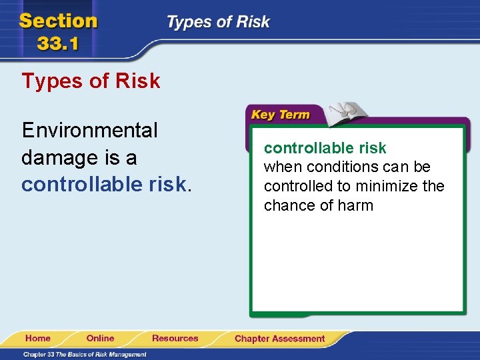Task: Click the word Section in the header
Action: (59, 21)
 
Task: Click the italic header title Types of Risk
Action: (218, 22)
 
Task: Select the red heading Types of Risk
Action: (91, 81)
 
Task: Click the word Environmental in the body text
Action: (89, 130)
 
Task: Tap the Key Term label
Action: (280, 115)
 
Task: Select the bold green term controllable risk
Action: (325, 148)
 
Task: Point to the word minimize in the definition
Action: (391, 186)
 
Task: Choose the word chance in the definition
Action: (288, 205)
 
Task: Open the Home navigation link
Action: (38, 338)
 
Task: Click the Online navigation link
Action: (100, 338)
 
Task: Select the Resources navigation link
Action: (175, 338)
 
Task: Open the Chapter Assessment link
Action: (279, 339)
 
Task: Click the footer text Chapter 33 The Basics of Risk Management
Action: (85, 355)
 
